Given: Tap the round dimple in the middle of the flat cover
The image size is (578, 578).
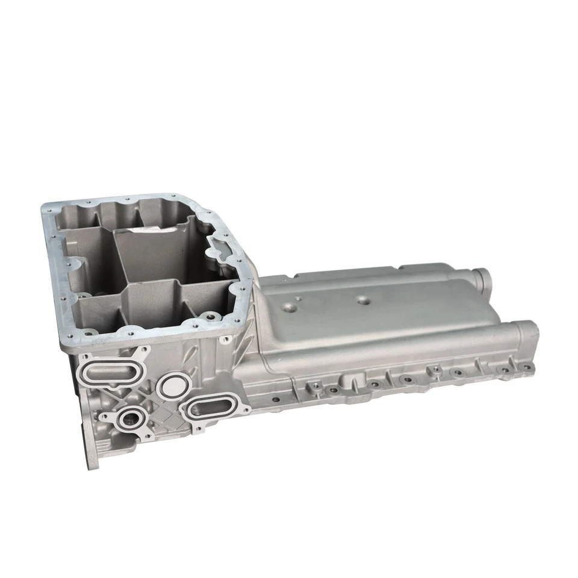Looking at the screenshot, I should [x=362, y=299].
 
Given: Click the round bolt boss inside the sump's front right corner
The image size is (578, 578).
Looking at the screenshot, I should [x=209, y=315].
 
